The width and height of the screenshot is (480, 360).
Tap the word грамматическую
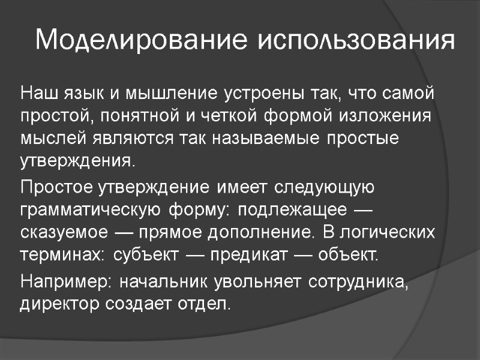pyautogui.click(x=89, y=210)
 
